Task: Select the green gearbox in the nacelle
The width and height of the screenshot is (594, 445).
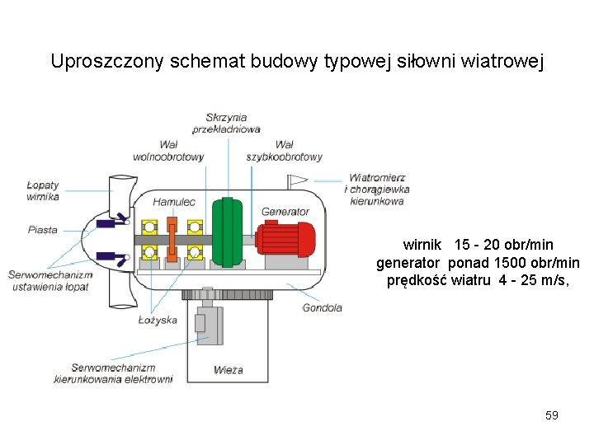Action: pos(227,232)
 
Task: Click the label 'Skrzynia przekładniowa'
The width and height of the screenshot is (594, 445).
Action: pos(226,124)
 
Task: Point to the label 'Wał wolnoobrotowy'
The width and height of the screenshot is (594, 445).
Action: pos(168,151)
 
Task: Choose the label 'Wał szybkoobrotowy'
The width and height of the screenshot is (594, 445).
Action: pos(284,151)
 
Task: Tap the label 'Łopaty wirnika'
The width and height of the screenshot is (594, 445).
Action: pos(43,191)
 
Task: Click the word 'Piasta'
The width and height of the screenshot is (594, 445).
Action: pos(42,230)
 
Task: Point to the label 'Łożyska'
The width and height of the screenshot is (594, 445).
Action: pos(158,320)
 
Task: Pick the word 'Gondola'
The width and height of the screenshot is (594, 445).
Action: pos(322,308)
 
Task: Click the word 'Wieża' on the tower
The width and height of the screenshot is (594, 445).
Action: pos(228,370)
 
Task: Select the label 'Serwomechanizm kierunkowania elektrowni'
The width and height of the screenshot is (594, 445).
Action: pos(113,373)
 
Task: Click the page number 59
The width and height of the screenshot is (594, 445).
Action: pos(552,415)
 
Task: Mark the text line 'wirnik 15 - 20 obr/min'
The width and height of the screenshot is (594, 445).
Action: pos(478,245)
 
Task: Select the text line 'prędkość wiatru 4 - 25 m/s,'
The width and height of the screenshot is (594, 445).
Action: pos(478,281)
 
